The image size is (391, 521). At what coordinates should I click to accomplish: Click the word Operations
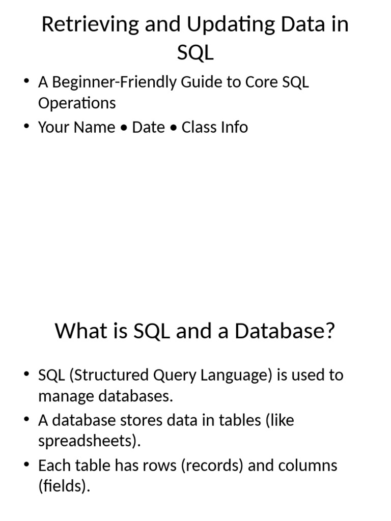pyautogui.click(x=77, y=103)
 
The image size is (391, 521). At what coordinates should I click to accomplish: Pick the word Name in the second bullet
pyautogui.click(x=95, y=127)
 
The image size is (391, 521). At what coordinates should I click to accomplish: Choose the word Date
pyautogui.click(x=148, y=127)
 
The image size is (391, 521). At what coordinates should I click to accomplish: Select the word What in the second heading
pyautogui.click(x=75, y=331)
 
